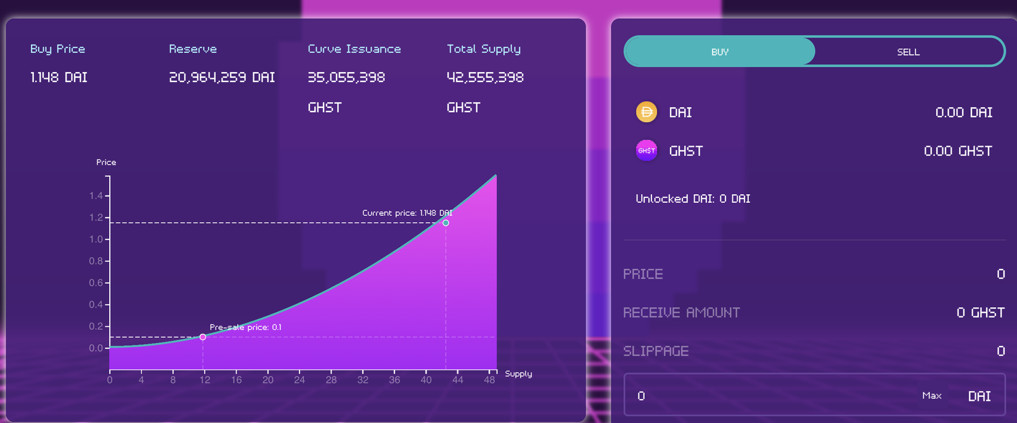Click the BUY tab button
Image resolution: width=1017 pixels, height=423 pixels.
[x=719, y=52]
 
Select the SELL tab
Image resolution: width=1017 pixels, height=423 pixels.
[x=908, y=52]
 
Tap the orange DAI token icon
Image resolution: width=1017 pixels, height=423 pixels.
[x=646, y=112]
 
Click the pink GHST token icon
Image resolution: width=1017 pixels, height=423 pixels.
[x=646, y=150]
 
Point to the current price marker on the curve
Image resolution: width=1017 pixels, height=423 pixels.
[x=446, y=223]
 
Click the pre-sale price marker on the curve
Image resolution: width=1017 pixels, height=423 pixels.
[x=203, y=337]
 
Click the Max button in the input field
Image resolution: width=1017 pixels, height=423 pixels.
[x=931, y=395]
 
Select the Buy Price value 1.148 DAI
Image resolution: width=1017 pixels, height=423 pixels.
[x=59, y=78]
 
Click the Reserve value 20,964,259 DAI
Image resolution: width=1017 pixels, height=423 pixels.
[x=222, y=78]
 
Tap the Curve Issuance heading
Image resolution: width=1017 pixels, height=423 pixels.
[x=354, y=49]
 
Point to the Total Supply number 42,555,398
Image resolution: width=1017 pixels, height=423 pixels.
[x=485, y=78]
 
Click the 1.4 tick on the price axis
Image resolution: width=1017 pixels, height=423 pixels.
[x=96, y=196]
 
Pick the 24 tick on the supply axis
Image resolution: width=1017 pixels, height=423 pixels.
[x=300, y=380]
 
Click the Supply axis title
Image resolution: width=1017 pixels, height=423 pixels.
[x=518, y=374]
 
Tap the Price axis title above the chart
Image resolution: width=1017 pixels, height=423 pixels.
[x=106, y=162]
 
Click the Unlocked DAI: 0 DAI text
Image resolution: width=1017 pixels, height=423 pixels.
[x=693, y=199]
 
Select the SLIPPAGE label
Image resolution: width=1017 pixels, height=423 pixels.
[x=656, y=351]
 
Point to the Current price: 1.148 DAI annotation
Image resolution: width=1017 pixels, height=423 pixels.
[x=407, y=213]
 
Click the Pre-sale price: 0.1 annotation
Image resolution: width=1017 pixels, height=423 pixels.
[x=245, y=327]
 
